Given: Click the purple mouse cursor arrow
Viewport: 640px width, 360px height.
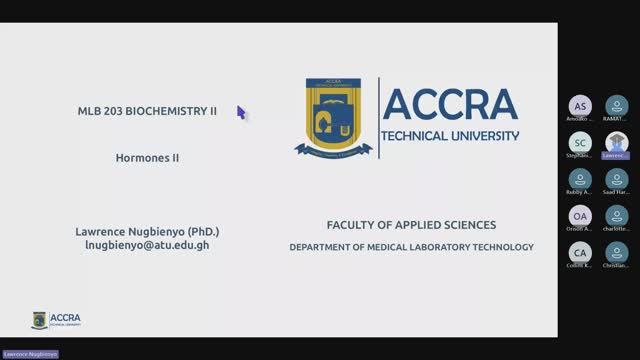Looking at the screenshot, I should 241,112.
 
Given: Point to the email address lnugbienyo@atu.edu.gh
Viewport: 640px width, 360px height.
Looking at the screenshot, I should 147,245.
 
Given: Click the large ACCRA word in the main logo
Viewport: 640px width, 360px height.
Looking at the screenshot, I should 450,105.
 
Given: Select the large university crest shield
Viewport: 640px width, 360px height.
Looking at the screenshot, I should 334,118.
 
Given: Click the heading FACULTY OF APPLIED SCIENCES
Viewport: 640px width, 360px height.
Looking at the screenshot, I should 411,225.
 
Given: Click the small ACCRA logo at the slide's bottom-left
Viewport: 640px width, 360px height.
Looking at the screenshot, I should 57,320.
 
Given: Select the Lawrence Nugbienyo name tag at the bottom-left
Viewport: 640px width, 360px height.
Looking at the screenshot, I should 30,354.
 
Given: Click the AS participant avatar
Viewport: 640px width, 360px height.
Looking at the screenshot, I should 580,105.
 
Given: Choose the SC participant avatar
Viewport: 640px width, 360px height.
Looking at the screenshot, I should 580,142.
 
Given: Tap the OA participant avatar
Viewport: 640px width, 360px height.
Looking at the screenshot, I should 580,216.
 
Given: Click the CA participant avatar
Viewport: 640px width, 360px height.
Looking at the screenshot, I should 580,252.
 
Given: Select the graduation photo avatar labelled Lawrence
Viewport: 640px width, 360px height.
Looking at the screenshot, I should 616,142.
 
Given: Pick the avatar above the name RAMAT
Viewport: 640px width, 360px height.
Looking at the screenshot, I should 616,105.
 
